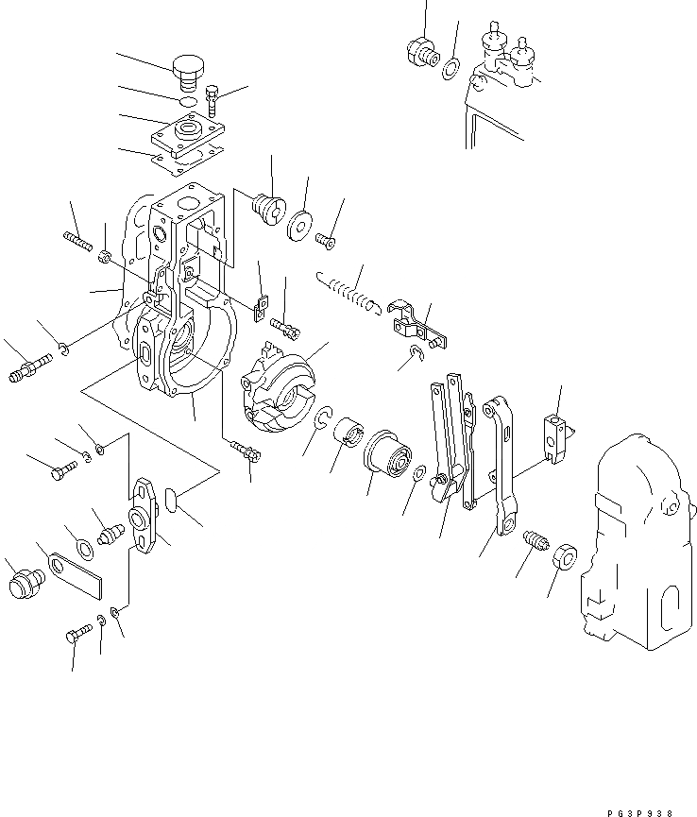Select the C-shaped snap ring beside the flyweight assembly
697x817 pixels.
click(x=323, y=418)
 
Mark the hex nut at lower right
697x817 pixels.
click(x=565, y=556)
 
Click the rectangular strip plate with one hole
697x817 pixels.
click(x=76, y=573)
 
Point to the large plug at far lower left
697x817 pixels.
click(x=22, y=578)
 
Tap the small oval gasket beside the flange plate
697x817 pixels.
click(x=172, y=499)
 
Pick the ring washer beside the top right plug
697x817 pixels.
click(x=452, y=68)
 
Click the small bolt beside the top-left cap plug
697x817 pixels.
click(x=212, y=97)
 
